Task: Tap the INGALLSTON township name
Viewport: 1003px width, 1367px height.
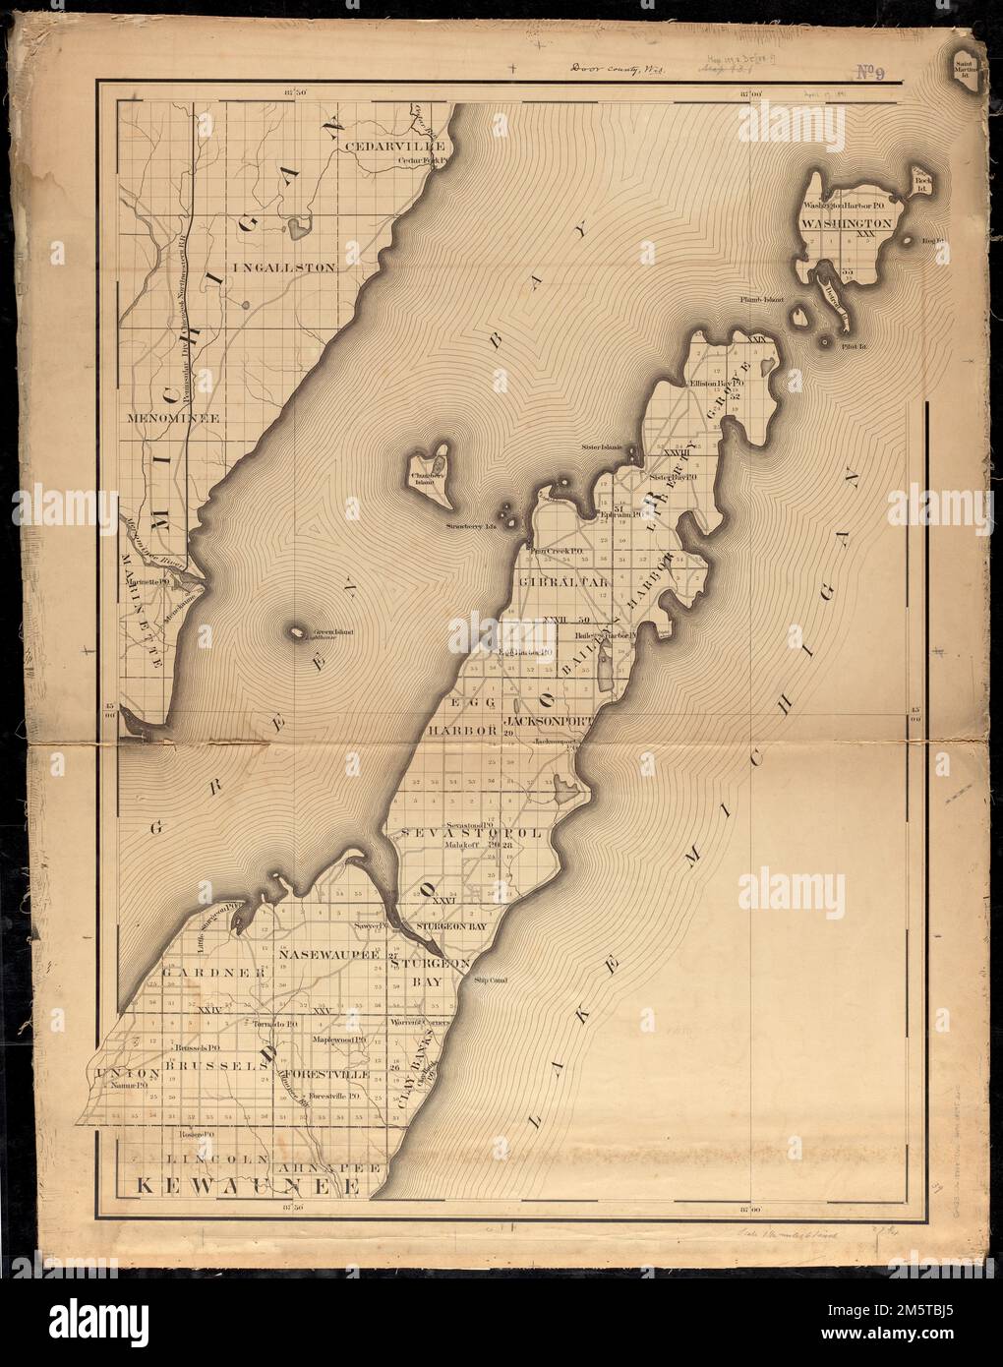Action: coord(284,267)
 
